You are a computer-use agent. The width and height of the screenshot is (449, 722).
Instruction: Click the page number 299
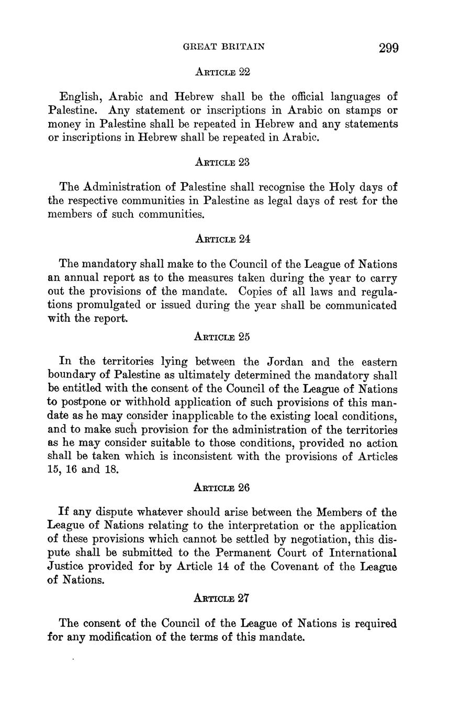pos(388,48)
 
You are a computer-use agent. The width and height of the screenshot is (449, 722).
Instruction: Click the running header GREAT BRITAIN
pos(224,47)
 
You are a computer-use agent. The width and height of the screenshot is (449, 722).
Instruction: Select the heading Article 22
pos(222,72)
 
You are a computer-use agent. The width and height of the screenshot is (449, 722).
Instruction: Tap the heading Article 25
pos(222,337)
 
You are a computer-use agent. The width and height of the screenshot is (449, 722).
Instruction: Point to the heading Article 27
pos(221,598)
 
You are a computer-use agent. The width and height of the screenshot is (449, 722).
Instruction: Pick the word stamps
pos(358,110)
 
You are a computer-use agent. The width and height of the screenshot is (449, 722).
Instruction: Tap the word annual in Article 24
pos(84,278)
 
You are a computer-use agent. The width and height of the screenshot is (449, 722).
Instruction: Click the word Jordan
pos(289,362)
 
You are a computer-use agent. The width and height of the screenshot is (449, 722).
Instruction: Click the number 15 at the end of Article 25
pos(53,470)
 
